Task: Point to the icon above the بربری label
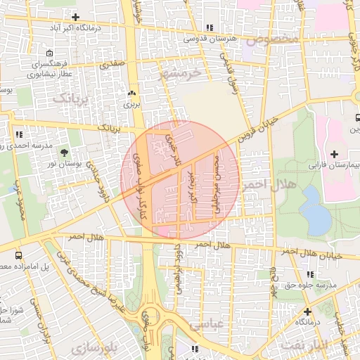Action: [131, 93]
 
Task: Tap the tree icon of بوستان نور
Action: [65, 152]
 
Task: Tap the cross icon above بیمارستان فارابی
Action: [333, 154]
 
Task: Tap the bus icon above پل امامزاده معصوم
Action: [17, 255]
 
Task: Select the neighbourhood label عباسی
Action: [205, 324]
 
